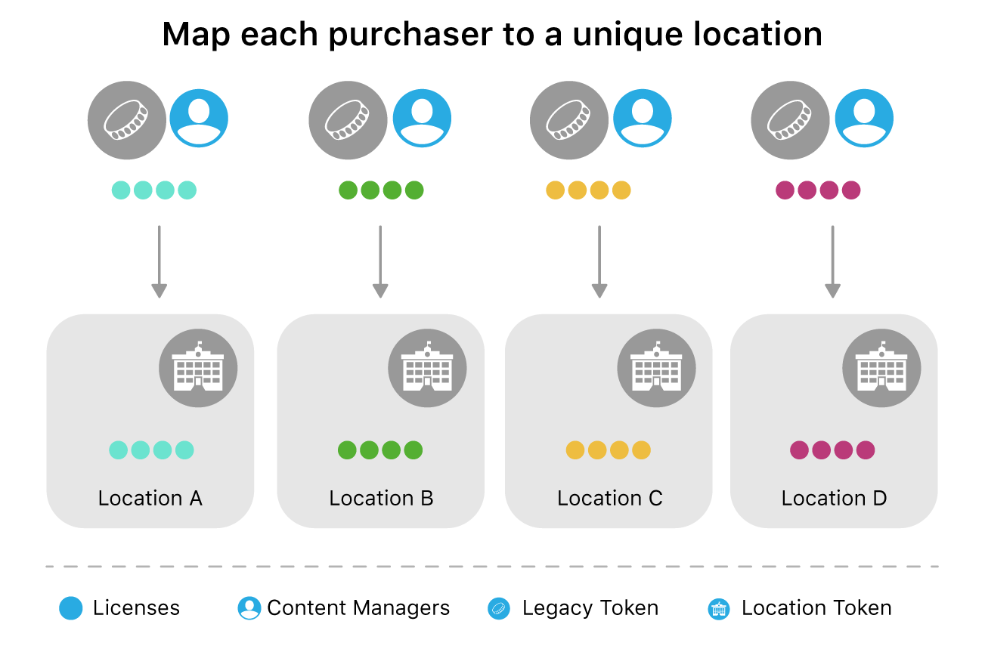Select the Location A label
click(150, 499)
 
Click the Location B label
click(381, 499)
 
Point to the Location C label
click(609, 499)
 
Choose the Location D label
click(834, 499)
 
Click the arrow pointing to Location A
click(159, 261)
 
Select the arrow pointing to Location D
click(832, 261)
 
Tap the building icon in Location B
click(427, 369)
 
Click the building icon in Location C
click(657, 369)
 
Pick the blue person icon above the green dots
click(422, 119)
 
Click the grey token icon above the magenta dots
click(790, 120)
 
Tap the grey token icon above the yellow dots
click(568, 120)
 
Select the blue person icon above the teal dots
click(199, 119)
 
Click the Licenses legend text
click(136, 608)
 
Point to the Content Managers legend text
click(358, 608)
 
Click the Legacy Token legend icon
click(500, 608)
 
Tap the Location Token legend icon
click(718, 609)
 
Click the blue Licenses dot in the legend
click(70, 608)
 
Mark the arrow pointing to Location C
click(599, 261)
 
